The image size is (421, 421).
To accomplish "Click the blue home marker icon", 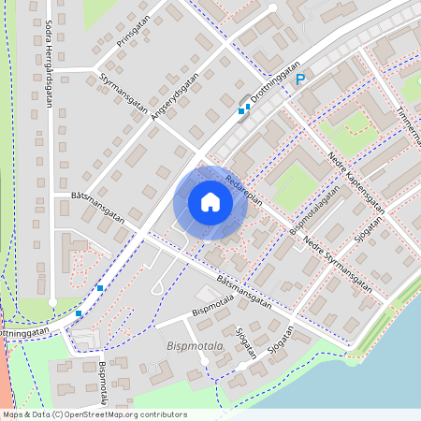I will pos(210,202).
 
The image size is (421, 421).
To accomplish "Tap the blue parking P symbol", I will pos(301,82).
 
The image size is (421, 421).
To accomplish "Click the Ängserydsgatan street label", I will pos(170,98).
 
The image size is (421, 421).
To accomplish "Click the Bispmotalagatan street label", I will pos(312,208).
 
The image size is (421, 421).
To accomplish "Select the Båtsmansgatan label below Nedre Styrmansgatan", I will pos(243,292).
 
